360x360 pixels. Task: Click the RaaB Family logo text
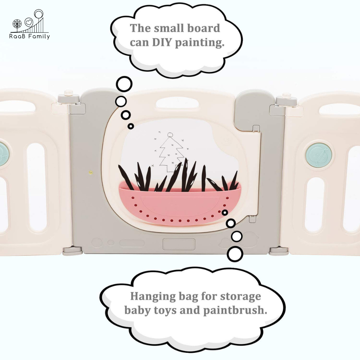[30, 36]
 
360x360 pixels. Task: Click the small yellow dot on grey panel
[91, 172]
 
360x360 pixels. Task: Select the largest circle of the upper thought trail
[124, 84]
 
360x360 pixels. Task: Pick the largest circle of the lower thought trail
[235, 254]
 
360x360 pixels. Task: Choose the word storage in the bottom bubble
[240, 297]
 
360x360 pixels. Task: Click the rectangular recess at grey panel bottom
[179, 244]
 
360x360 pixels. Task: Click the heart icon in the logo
[29, 22]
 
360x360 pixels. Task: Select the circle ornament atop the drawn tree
[170, 135]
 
